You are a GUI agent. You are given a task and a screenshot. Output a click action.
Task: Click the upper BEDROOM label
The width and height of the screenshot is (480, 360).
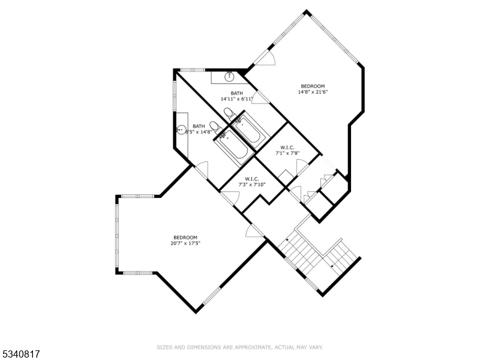(313, 86)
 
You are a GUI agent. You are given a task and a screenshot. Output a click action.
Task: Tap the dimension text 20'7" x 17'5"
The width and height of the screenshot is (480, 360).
(185, 244)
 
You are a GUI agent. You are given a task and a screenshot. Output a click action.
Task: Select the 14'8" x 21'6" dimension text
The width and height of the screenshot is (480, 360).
(313, 92)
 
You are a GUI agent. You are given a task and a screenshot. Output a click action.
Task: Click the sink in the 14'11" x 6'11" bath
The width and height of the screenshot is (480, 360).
(229, 77)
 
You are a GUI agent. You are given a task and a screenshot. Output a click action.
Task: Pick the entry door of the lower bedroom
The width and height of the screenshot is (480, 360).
(254, 230)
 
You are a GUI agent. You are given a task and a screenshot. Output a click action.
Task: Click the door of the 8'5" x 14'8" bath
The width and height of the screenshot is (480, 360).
(201, 170)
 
